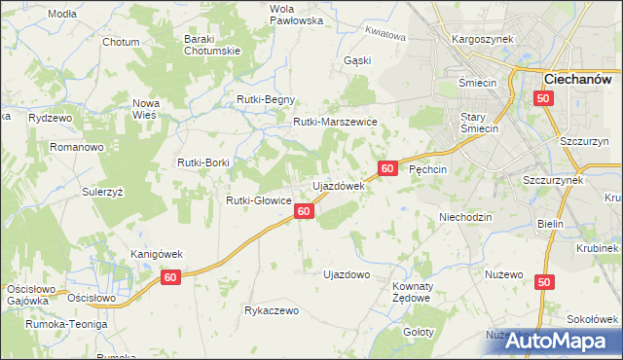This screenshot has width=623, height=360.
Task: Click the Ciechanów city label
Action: click(x=577, y=79)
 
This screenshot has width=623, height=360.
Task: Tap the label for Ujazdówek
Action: click(x=338, y=185)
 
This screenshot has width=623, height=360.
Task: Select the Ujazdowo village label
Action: click(x=347, y=275)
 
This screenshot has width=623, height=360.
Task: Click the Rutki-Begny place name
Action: click(x=266, y=99)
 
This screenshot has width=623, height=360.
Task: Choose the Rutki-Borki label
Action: click(x=202, y=162)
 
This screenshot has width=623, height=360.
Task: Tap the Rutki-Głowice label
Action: click(x=260, y=200)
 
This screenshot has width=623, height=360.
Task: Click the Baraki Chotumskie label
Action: click(x=212, y=45)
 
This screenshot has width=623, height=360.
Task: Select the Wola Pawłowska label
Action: click(x=269, y=14)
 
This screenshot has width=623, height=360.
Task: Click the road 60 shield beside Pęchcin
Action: click(x=387, y=168)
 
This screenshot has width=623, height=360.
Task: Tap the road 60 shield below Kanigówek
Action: click(x=170, y=278)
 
